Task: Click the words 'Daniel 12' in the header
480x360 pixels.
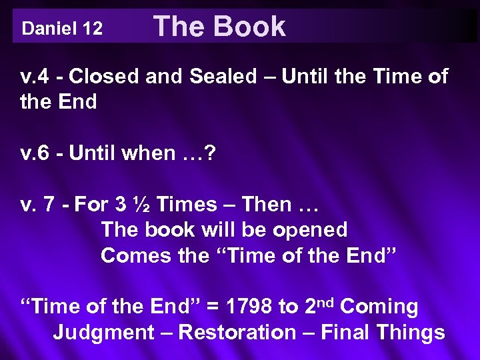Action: click(x=62, y=29)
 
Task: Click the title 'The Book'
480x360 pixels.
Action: click(x=219, y=27)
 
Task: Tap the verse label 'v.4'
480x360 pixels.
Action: click(x=35, y=77)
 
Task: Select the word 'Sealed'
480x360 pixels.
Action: click(x=215, y=77)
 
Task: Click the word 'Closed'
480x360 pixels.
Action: click(x=110, y=77)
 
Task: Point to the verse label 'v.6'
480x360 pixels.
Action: click(x=35, y=153)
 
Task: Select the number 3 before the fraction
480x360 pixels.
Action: click(x=125, y=204)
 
